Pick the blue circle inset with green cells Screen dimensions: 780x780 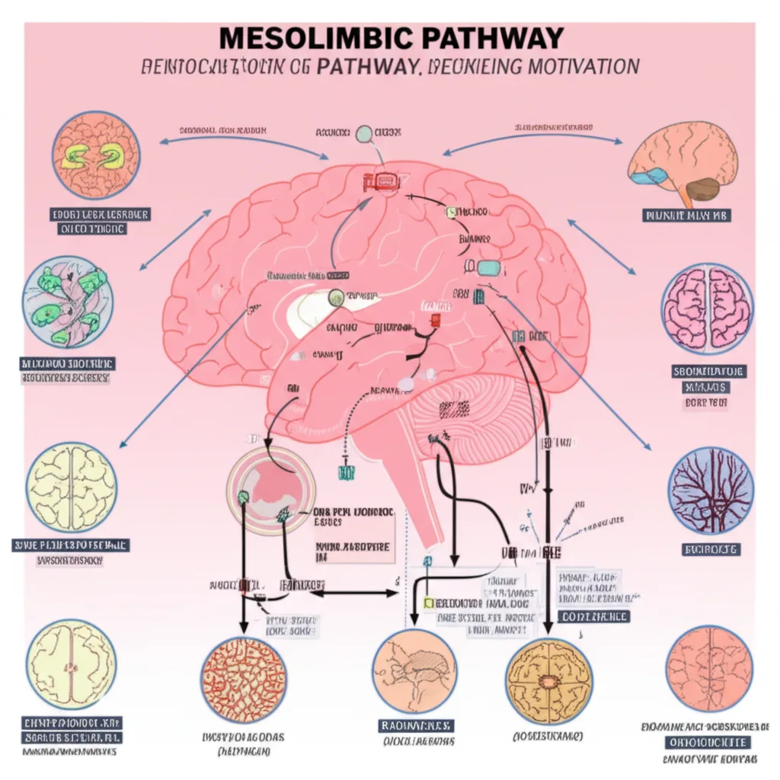pyautogui.click(x=67, y=302)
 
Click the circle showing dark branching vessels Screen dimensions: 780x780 pyautogui.click(x=711, y=490)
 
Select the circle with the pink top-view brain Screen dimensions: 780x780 pyautogui.click(x=707, y=308)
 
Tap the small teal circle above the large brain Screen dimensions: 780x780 pyautogui.click(x=364, y=134)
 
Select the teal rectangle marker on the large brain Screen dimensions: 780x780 pyautogui.click(x=488, y=267)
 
